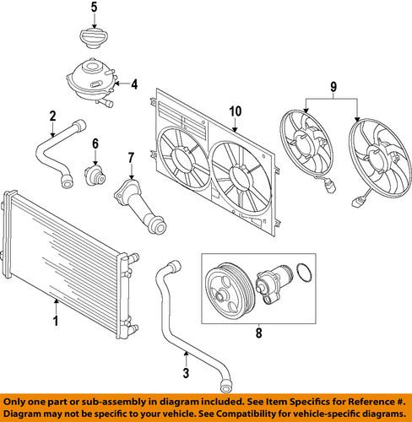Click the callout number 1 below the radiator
coord(57,321)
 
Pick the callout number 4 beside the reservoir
coord(133,84)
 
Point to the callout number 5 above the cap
coord(94,8)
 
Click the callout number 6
coord(95,143)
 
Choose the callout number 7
coord(131,157)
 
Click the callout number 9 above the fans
coord(333,85)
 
